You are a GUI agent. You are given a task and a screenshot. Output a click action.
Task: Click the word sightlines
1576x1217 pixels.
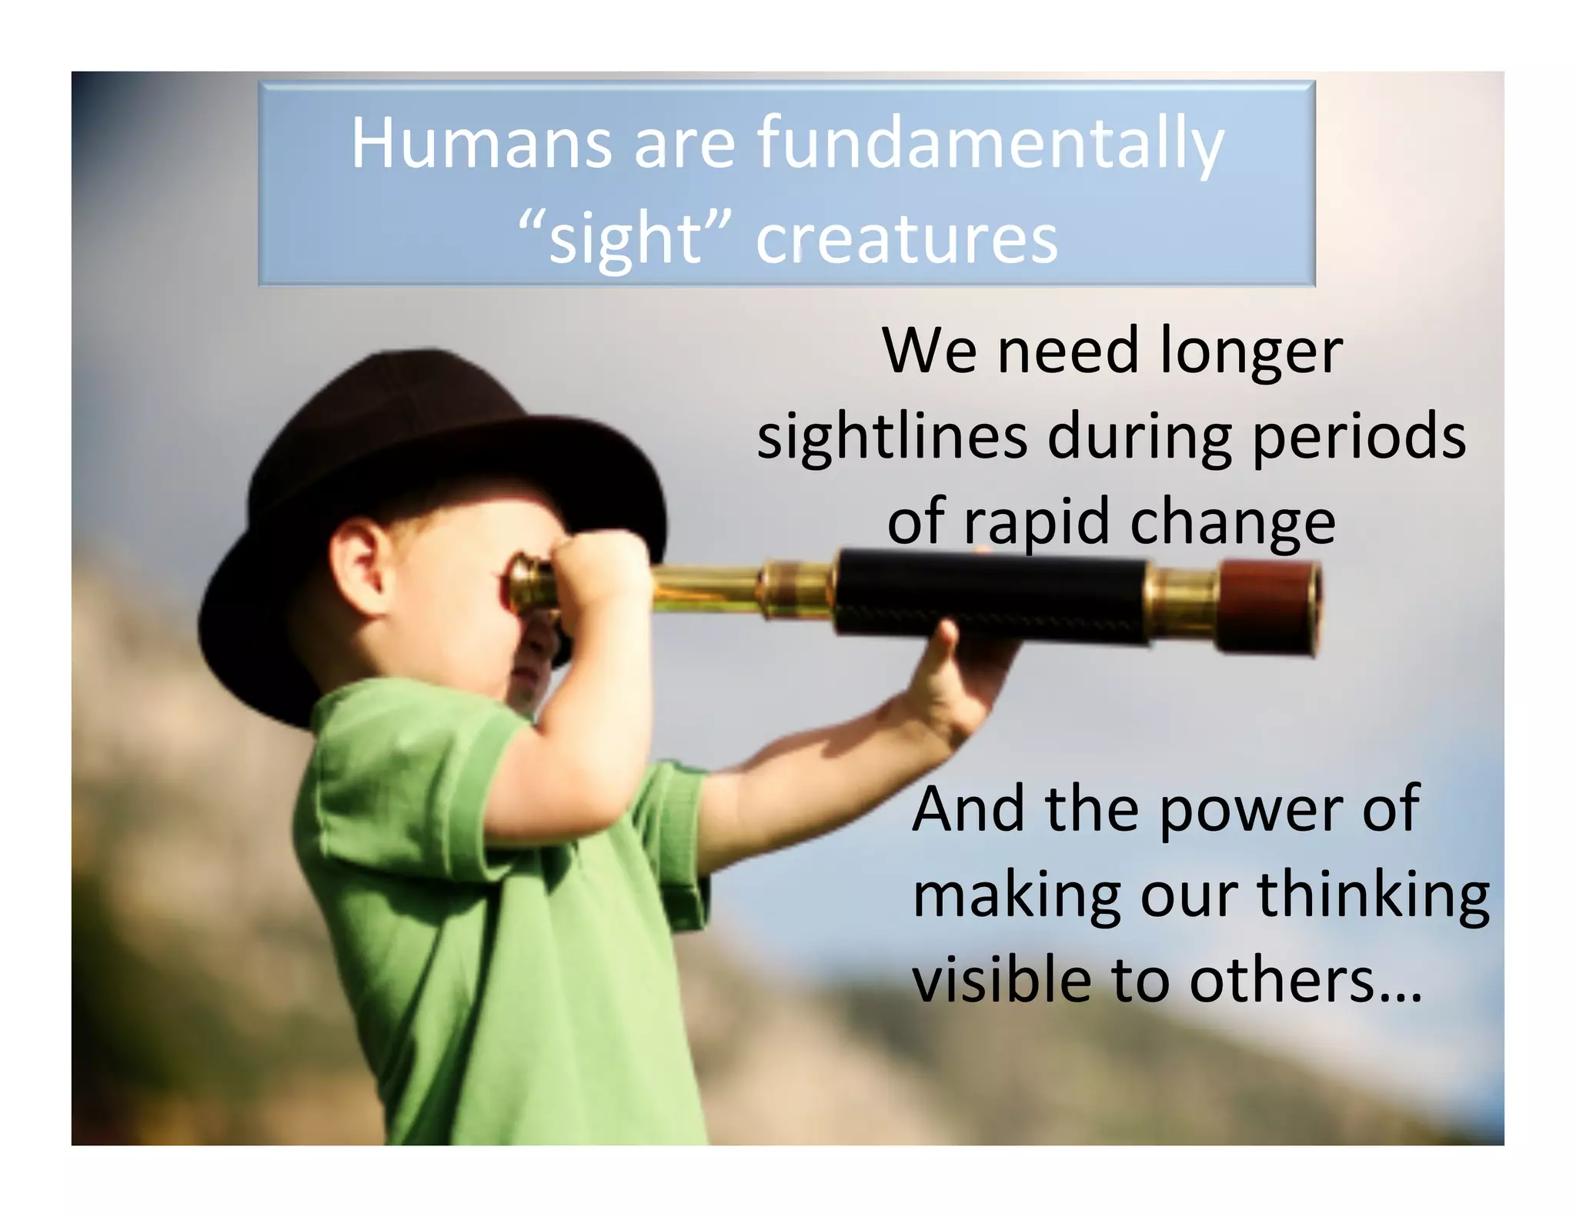coord(892,436)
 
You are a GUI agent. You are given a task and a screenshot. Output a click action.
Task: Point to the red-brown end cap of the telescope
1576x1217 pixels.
coord(1270,608)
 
